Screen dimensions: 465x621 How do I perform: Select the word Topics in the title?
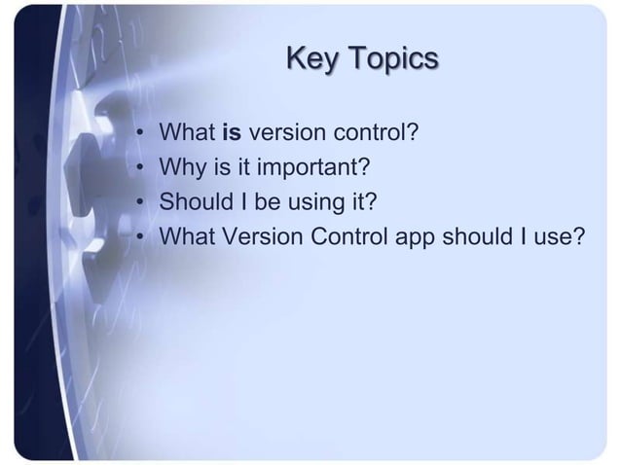tap(393, 58)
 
